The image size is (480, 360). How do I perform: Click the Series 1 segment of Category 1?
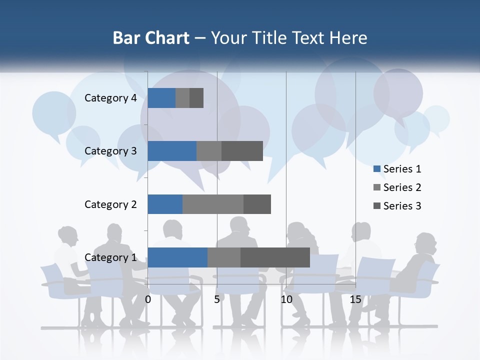point(177,257)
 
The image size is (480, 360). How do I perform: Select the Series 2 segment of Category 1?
point(224,257)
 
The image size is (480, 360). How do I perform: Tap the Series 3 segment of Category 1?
point(275,257)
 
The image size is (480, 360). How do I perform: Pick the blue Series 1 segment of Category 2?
point(165,204)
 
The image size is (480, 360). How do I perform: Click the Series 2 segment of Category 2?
point(213,204)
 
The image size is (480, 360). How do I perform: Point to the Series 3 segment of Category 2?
point(257,204)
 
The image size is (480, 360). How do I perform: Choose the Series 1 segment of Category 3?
point(172,151)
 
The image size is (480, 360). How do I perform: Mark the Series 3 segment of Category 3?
point(242,151)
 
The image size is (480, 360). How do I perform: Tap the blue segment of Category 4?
point(161,98)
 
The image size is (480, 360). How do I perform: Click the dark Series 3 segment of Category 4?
point(196,98)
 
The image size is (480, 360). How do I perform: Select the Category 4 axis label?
point(110,98)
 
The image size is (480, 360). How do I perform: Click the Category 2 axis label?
point(110,204)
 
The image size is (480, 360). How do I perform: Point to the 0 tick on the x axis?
point(148,299)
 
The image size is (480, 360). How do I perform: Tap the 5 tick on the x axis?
point(217,299)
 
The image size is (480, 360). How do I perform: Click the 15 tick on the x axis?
point(355,299)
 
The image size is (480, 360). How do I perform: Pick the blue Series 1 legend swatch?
point(377,169)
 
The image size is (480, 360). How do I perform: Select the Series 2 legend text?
point(402,187)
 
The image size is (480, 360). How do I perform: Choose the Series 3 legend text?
point(402,206)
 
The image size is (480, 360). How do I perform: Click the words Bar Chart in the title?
point(151,38)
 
